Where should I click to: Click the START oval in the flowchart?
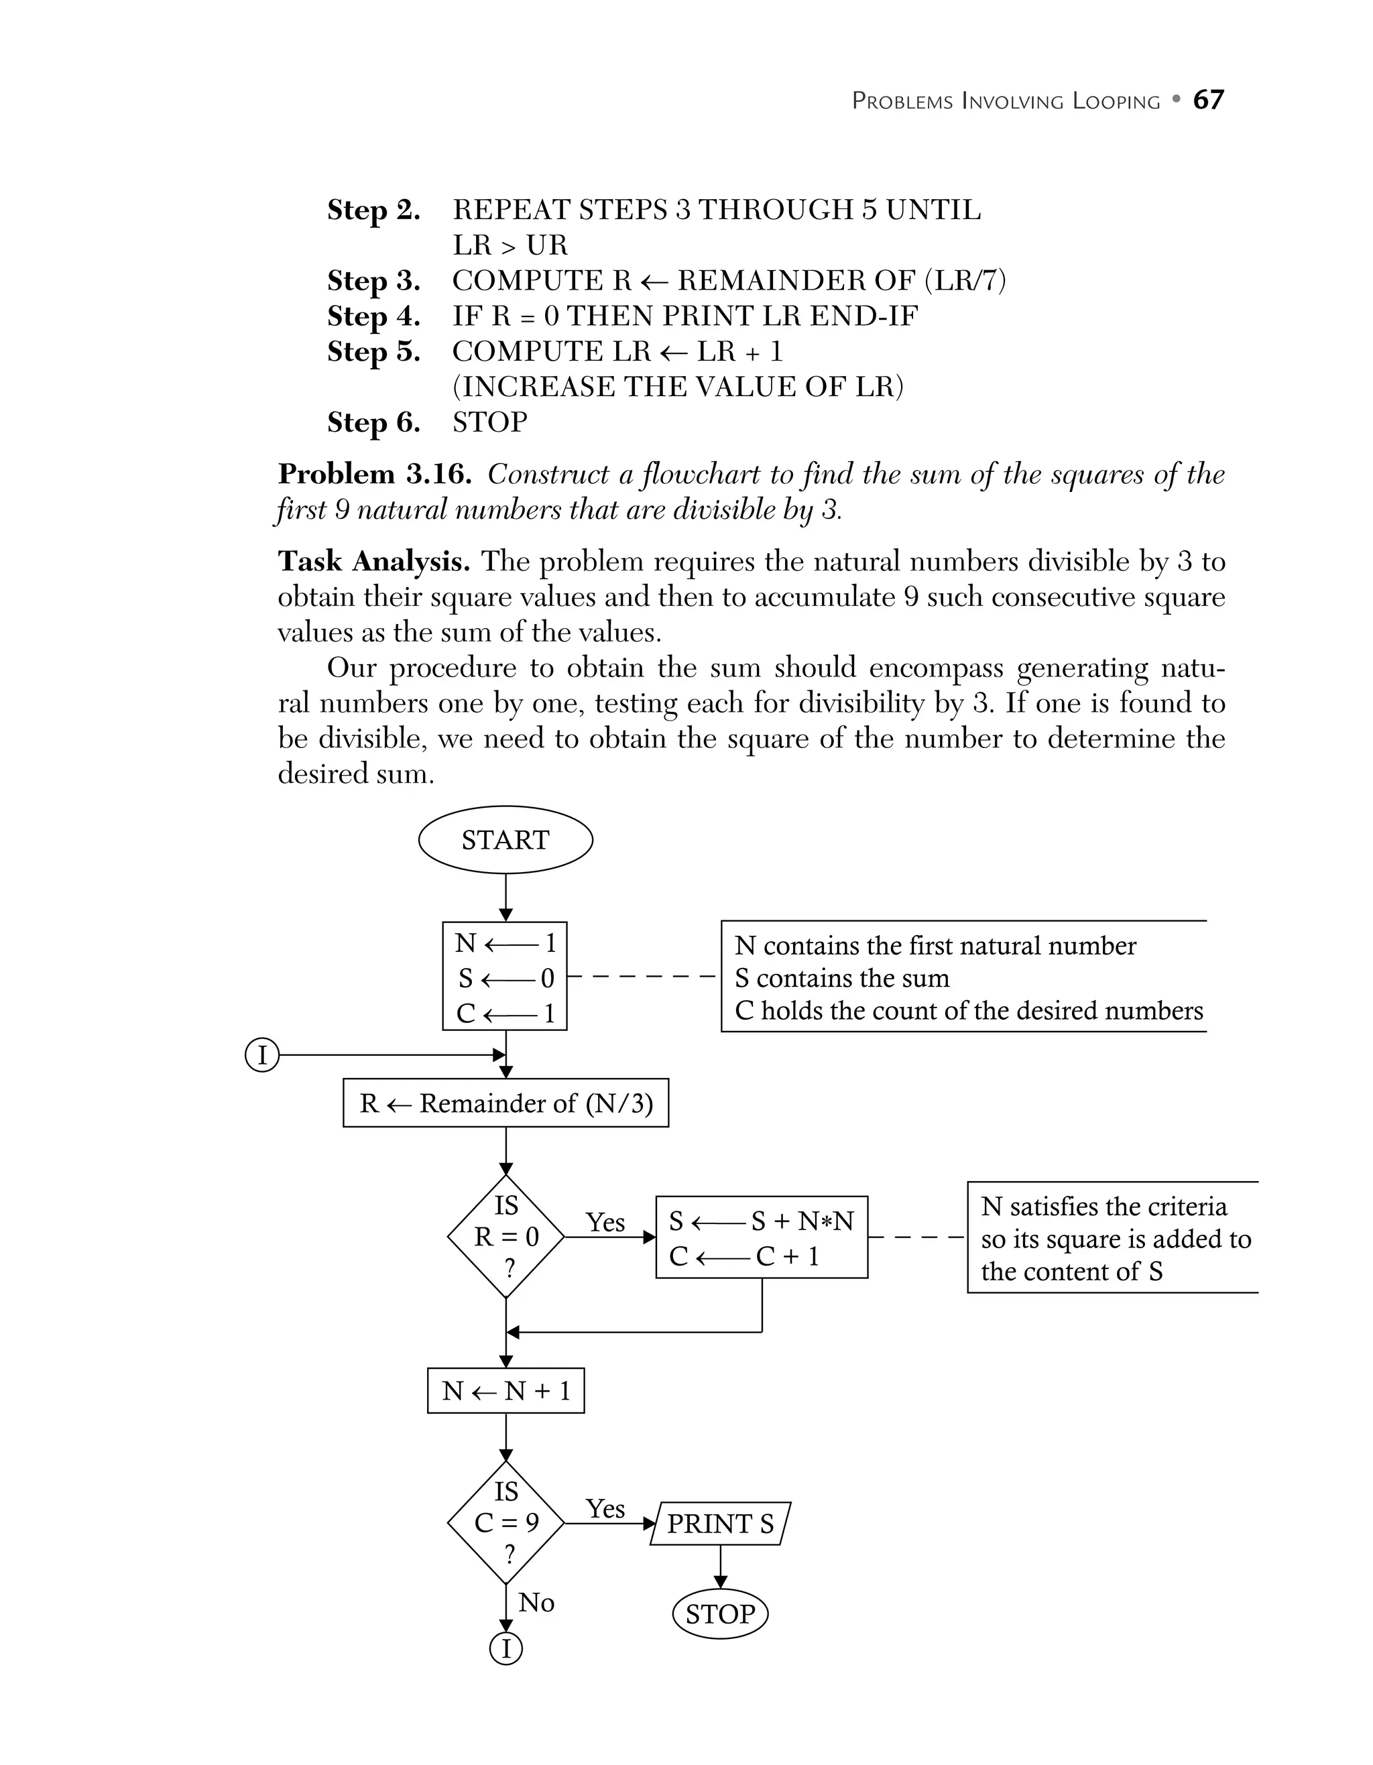click(505, 840)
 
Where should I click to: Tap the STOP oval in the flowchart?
click(719, 1614)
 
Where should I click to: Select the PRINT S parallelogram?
click(720, 1524)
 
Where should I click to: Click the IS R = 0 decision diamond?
click(506, 1237)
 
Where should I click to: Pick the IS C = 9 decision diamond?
click(506, 1522)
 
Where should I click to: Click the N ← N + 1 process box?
click(506, 1391)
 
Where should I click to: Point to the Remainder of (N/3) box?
click(506, 1103)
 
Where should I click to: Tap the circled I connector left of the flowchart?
click(261, 1055)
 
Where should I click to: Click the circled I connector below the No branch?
click(507, 1648)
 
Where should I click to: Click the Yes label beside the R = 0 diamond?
click(605, 1223)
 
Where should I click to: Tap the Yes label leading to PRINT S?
click(605, 1509)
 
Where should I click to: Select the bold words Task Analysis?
click(373, 561)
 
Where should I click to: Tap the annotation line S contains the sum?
click(841, 978)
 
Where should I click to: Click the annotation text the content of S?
click(1071, 1271)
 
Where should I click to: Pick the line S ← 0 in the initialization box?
click(506, 978)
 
